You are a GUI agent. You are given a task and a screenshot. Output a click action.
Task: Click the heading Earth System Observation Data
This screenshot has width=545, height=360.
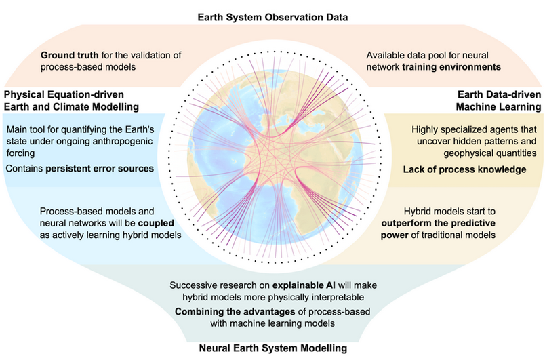click(272, 16)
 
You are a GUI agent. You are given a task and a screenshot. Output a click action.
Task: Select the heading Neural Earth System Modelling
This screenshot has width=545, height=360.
click(272, 348)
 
